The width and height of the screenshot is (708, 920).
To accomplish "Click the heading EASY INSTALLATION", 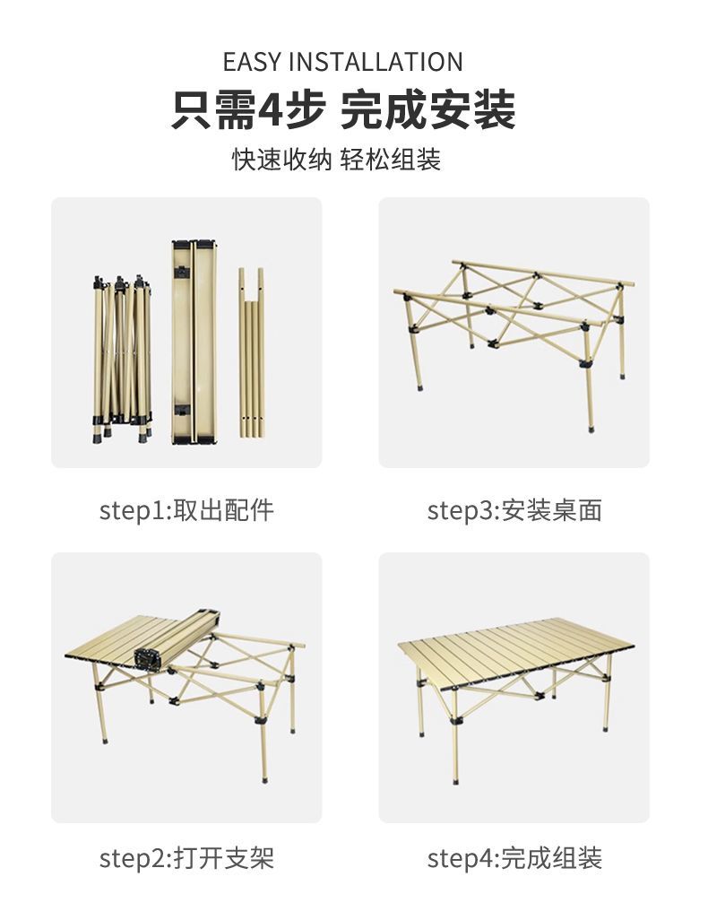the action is [343, 62].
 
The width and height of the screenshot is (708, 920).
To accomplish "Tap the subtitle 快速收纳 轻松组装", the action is [336, 159].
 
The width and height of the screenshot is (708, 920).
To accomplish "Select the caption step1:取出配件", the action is [186, 510].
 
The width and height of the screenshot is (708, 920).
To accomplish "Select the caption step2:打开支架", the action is [186, 858].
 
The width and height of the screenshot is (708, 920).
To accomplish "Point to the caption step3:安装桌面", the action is [514, 510].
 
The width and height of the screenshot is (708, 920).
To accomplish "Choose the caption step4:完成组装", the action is [514, 858].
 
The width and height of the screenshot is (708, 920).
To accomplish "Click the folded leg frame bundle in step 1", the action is [122, 358].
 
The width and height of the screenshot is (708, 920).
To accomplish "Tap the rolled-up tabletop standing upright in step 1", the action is [194, 342].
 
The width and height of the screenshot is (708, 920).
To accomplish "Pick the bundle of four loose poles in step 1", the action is [251, 352].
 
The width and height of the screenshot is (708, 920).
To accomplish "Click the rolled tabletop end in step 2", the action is [148, 658].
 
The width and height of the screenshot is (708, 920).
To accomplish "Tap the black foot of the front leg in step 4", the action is [456, 780].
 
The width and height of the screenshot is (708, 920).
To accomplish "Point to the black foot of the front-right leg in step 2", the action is [265, 778].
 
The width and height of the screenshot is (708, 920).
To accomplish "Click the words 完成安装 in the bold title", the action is [427, 109].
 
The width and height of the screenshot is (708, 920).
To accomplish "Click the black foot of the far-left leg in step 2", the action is [105, 741].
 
